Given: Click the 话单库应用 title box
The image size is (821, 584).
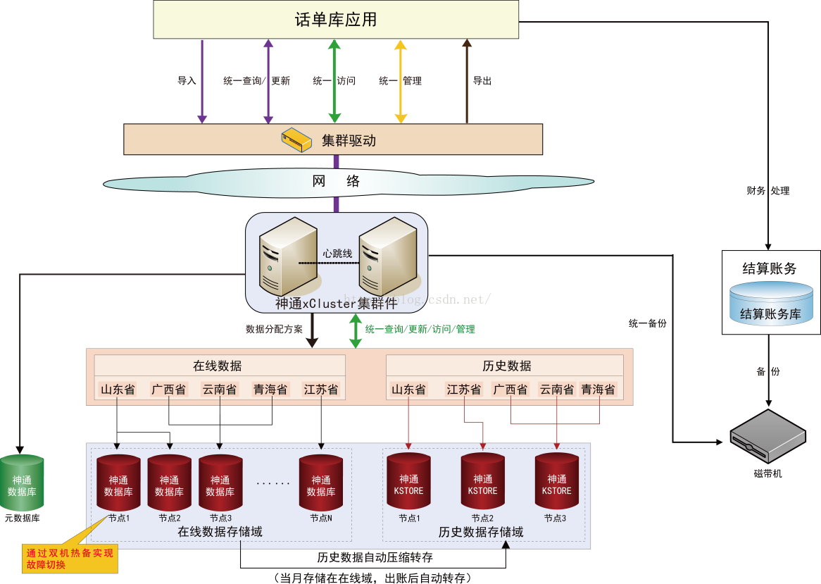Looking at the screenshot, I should [x=336, y=20].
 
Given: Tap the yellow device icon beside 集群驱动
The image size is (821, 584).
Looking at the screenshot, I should [x=296, y=139].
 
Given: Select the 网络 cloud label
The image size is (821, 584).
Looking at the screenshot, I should [x=336, y=182].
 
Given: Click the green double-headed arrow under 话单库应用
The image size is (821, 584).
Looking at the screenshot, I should [x=334, y=82].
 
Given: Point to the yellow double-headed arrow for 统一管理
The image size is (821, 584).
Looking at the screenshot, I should [x=401, y=82].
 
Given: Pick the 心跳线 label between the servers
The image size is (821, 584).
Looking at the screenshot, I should [x=337, y=253].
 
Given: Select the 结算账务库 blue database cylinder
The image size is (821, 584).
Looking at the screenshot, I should [x=771, y=304].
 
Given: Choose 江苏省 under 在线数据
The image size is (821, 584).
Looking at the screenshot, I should [x=321, y=390].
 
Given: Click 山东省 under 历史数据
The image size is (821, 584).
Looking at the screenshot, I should [x=408, y=390].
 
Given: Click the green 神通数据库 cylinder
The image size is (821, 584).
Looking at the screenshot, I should [x=22, y=484].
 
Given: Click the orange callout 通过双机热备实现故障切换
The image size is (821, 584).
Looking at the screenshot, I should [x=70, y=559].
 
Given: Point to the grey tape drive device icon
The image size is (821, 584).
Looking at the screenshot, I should [x=767, y=437].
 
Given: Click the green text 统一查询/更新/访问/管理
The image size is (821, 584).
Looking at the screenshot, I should [x=420, y=329].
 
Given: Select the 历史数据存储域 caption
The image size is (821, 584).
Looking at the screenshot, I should [x=481, y=532].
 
